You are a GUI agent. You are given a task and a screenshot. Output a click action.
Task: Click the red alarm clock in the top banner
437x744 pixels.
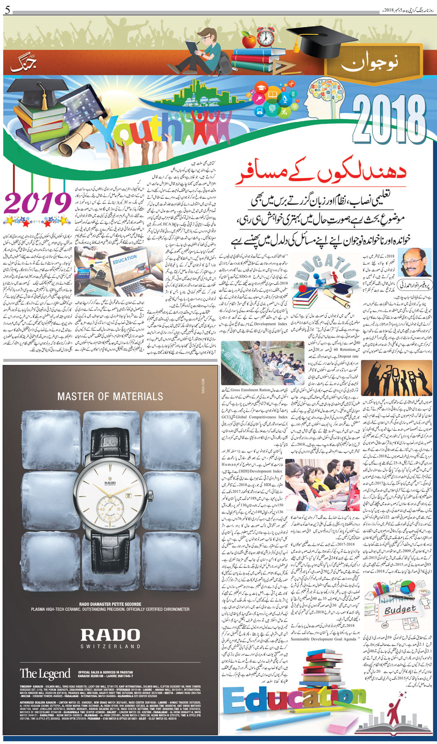(265, 37)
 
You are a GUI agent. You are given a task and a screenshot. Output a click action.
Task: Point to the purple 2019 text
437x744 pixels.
(38, 204)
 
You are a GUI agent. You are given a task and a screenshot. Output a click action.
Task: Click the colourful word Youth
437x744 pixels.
(144, 133)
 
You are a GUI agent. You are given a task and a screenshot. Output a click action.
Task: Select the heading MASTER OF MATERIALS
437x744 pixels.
(110, 396)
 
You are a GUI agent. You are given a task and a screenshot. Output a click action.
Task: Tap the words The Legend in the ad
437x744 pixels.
(45, 674)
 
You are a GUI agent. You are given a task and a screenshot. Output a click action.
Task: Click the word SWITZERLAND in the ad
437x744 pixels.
(110, 647)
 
